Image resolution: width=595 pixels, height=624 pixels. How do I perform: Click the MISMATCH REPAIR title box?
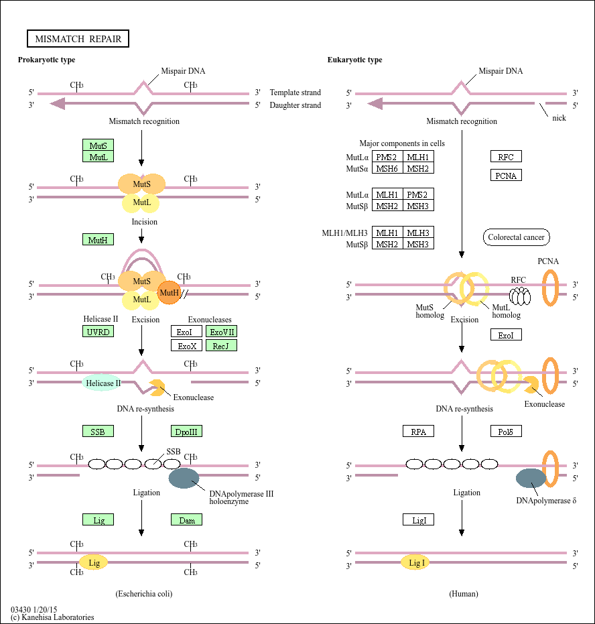(78, 39)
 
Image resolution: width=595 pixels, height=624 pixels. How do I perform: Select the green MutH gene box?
(98, 239)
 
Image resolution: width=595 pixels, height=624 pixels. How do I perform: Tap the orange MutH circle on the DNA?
(170, 292)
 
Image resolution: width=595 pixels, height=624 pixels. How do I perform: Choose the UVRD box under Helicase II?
(98, 332)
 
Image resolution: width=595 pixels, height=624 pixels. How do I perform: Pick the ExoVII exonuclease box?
(221, 332)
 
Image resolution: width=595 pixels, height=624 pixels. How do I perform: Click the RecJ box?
(221, 346)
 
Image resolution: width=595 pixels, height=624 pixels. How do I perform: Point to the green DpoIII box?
(186, 432)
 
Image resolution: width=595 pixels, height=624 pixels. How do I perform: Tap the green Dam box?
(186, 519)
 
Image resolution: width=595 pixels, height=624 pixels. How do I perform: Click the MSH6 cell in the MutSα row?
(387, 168)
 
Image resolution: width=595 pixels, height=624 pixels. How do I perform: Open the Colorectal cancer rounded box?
(516, 237)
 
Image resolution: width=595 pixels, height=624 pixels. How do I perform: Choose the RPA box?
(418, 432)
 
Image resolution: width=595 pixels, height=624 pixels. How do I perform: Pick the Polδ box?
(506, 432)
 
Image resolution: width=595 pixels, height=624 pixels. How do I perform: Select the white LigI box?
(418, 519)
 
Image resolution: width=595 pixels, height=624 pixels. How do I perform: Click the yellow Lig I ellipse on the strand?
(417, 563)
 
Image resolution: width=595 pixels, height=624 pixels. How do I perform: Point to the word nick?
(559, 118)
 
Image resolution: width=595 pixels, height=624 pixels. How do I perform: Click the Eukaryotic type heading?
(354, 60)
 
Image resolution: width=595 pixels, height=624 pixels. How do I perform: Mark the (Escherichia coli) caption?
(148, 594)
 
